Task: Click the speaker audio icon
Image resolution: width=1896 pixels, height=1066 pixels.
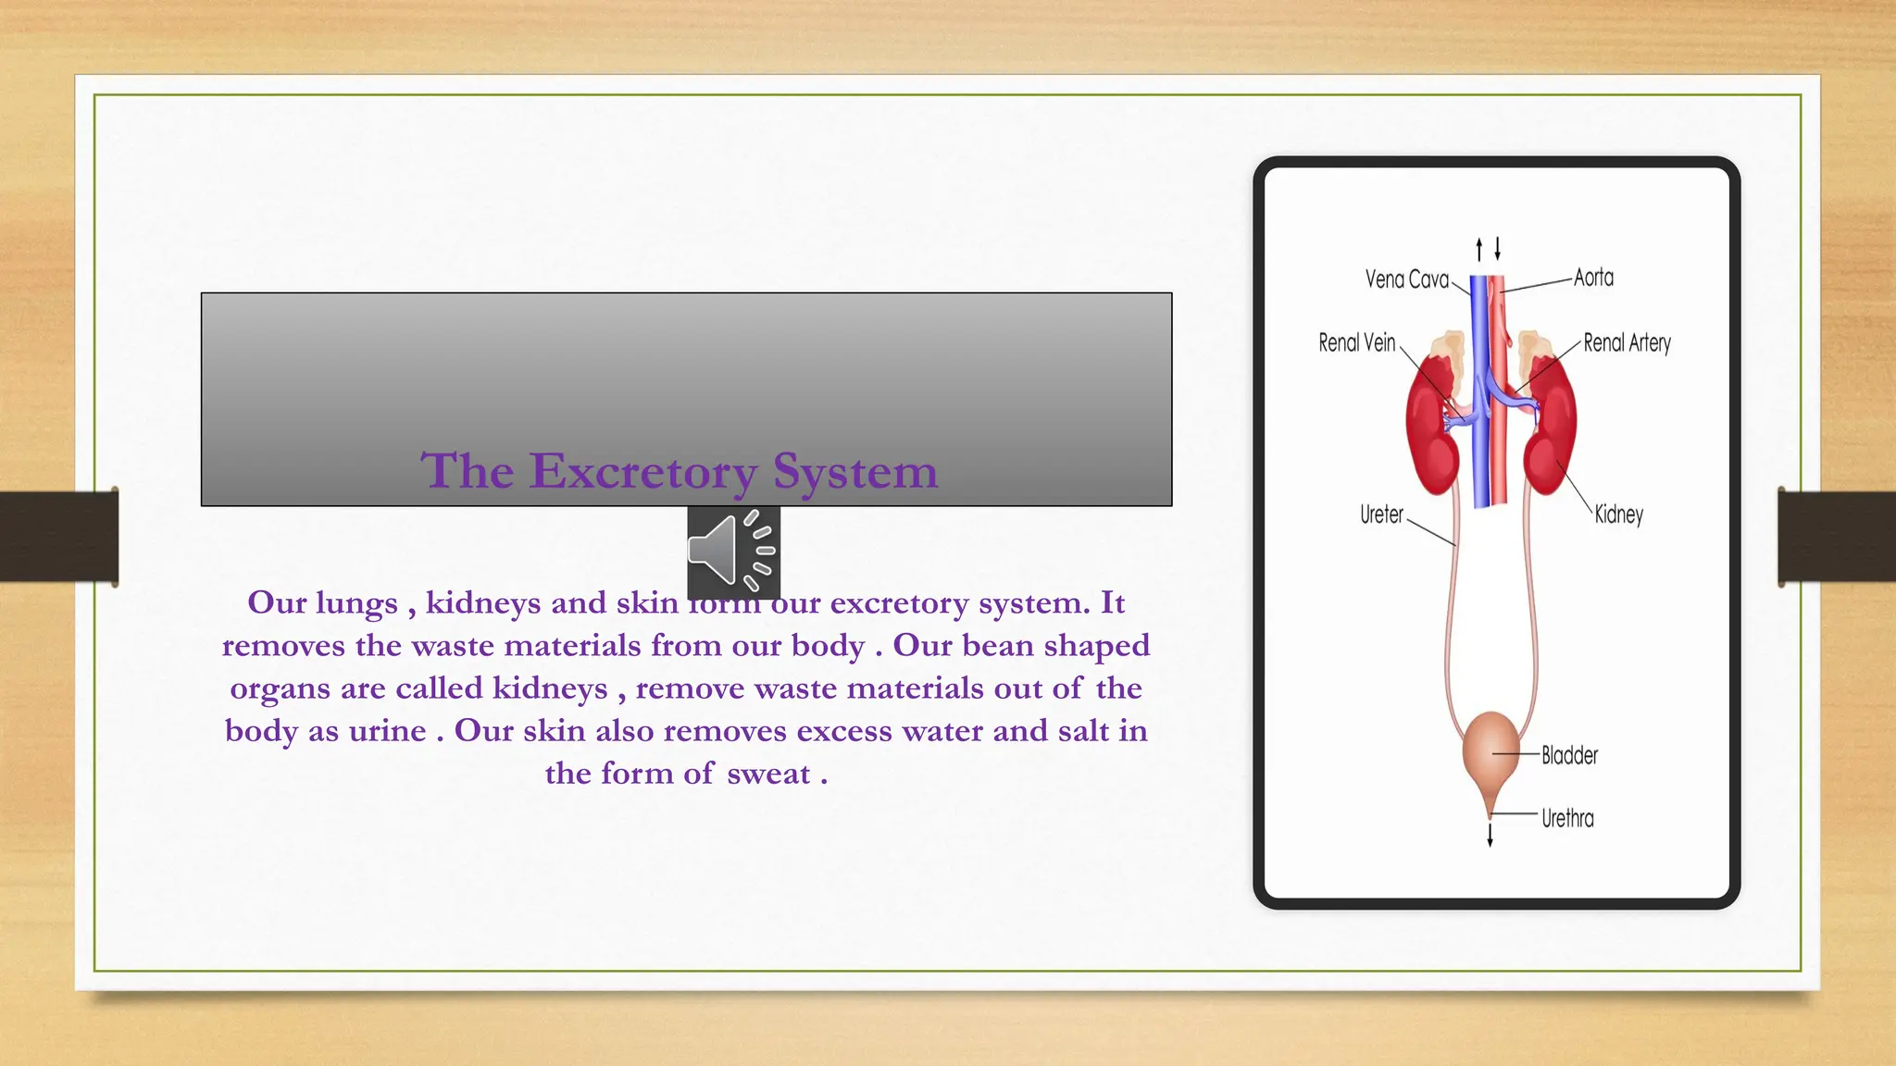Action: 732,551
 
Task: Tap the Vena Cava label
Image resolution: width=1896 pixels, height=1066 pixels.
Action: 1406,279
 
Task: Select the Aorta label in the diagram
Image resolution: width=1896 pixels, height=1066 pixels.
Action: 1593,278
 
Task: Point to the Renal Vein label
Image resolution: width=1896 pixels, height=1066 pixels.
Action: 1356,343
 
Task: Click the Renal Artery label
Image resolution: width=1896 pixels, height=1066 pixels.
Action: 1627,343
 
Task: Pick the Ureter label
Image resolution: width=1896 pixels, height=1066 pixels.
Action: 1381,514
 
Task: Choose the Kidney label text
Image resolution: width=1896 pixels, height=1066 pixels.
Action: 1618,514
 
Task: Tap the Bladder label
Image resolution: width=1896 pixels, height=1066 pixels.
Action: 1569,755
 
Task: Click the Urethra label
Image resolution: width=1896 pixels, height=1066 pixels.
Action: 1567,818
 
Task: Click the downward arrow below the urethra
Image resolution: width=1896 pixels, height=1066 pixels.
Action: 1490,835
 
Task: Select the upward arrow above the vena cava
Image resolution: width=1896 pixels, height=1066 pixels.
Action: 1479,248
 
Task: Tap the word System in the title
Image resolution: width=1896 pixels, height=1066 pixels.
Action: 854,471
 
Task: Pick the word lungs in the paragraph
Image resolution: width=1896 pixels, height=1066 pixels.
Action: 356,603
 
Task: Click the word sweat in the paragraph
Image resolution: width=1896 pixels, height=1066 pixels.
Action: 768,774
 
